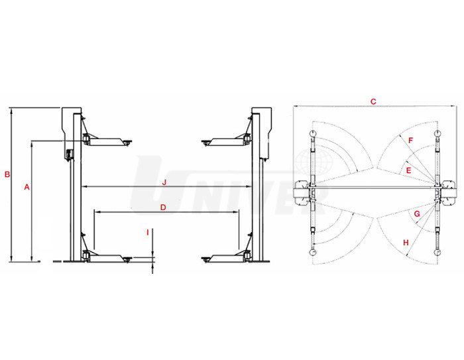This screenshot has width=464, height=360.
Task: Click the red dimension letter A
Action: click(x=27, y=188)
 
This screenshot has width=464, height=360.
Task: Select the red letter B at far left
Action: click(x=7, y=175)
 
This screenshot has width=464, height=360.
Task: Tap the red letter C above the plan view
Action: click(x=373, y=101)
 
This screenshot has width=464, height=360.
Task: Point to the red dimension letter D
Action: click(x=163, y=208)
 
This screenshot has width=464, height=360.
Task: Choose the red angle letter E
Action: click(x=408, y=170)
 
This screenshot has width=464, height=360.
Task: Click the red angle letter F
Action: click(x=410, y=141)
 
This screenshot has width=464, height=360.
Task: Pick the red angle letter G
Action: click(x=416, y=213)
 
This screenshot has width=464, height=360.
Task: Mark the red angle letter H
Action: click(x=406, y=243)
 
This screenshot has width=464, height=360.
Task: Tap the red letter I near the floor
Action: click(x=148, y=232)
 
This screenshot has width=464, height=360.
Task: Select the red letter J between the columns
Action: click(x=163, y=182)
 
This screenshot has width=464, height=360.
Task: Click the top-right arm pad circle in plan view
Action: click(x=437, y=135)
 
